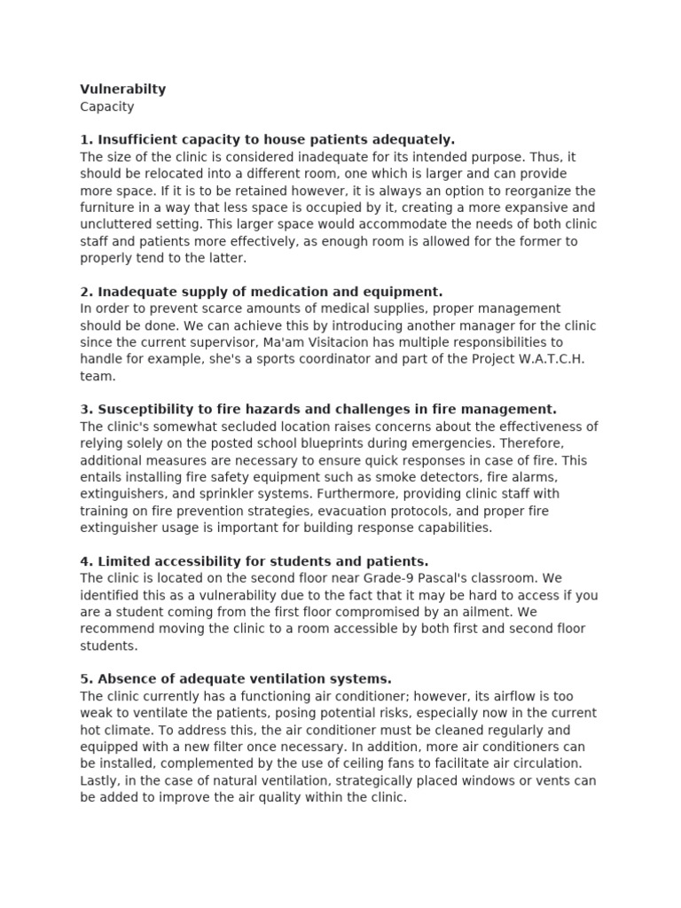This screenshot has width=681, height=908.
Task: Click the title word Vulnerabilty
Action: click(122, 90)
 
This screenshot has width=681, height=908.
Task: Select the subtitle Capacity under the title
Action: click(107, 106)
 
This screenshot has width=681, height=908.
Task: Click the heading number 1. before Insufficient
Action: click(86, 139)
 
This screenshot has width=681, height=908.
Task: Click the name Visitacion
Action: click(368, 342)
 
